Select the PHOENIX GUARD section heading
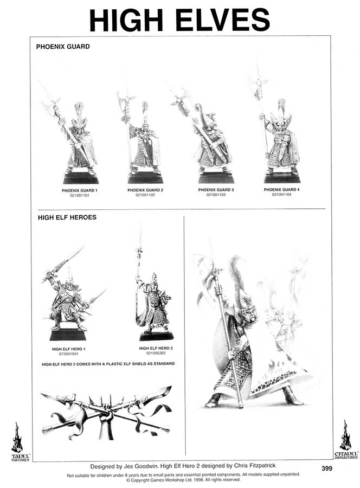pos(63,47)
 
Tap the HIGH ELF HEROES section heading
pos(67,218)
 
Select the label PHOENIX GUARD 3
pos(216,190)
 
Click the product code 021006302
pos(156,353)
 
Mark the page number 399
pos(326,468)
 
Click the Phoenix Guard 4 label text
pos(281,190)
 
